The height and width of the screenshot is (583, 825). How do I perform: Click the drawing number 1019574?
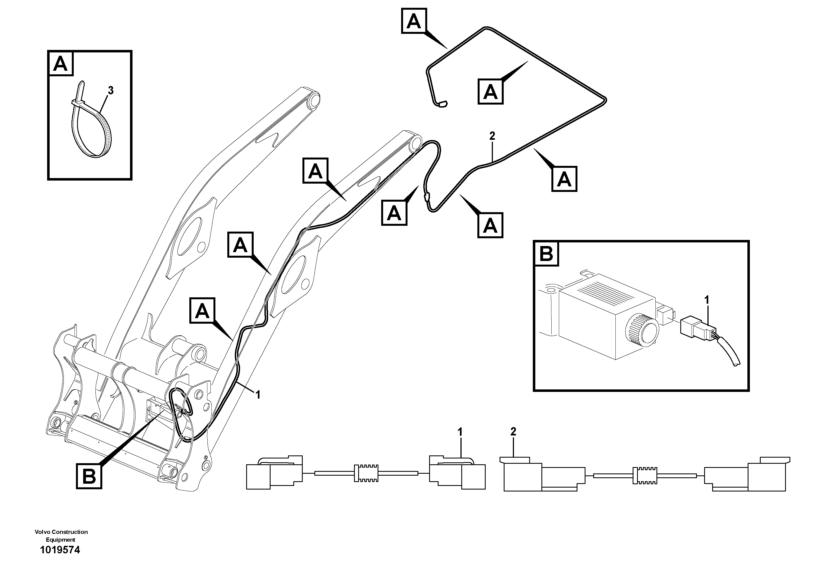coord(60,550)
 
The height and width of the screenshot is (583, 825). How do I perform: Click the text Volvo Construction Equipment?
coord(61,536)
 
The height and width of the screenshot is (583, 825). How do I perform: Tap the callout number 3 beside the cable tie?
coord(111,91)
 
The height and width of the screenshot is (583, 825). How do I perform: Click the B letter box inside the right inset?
coord(546,254)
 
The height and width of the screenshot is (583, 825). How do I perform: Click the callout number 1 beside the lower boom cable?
coord(258,395)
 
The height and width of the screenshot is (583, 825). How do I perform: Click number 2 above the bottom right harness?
coord(513,432)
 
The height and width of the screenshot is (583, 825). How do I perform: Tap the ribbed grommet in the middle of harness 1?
coord(366,473)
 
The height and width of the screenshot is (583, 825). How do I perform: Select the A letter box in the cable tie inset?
coord(61,64)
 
